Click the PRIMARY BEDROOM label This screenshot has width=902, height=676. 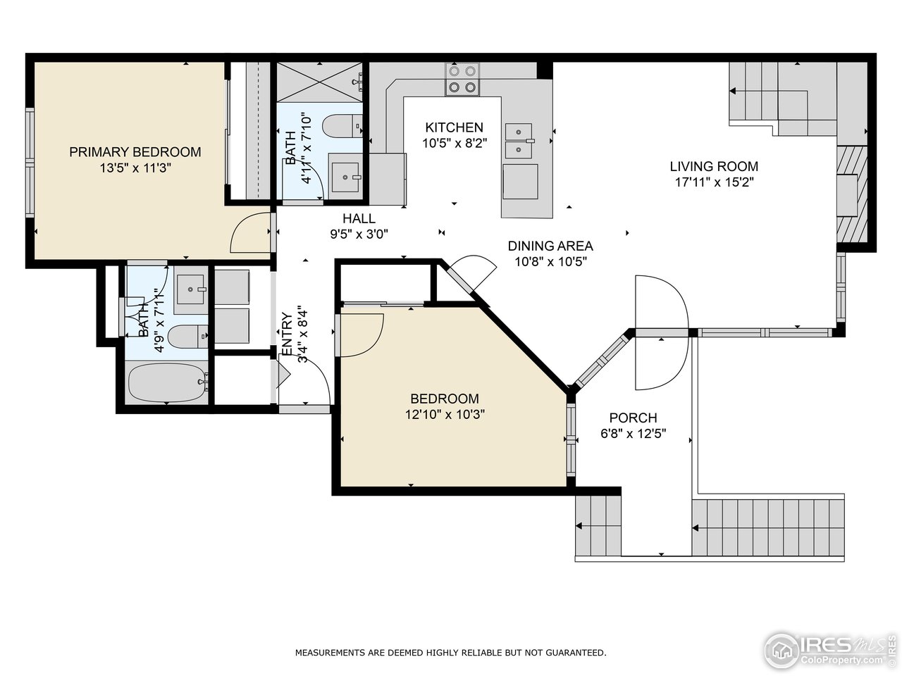pos(135,152)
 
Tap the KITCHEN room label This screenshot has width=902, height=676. pos(454,127)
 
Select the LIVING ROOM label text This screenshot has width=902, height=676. pos(715,166)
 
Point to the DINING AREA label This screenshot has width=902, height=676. pos(550,246)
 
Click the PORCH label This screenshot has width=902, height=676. pos(634,418)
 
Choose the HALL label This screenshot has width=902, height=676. pos(359,218)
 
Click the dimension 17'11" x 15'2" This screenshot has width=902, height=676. pos(715,182)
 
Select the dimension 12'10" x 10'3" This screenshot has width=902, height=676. pos(445,414)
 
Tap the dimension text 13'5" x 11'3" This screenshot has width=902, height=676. pos(135,168)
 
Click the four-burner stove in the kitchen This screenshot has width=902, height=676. pos(462,79)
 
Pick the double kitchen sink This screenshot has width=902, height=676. pos(519,141)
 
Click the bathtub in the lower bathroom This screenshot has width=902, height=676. pos(167,382)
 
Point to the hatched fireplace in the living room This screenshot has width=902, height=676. pos(852,194)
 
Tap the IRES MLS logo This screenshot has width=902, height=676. pos(830,651)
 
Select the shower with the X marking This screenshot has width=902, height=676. pos(319,82)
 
